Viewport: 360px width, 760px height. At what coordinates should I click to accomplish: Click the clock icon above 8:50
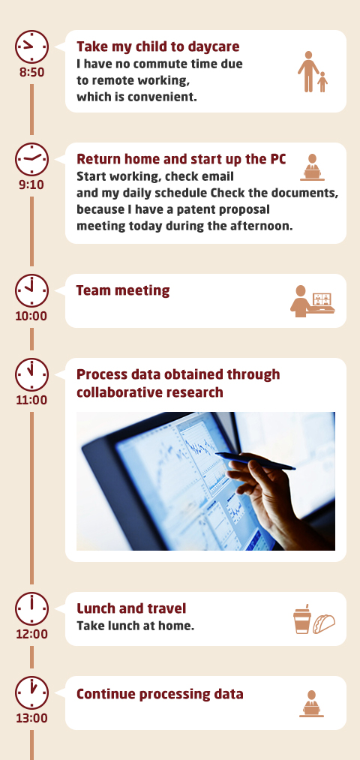(32, 47)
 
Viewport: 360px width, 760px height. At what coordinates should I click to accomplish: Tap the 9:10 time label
(31, 185)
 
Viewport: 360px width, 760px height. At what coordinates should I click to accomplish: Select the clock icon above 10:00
(32, 291)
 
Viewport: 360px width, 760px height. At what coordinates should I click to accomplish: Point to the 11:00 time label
(31, 400)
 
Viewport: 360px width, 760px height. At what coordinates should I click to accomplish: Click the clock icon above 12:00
(32, 608)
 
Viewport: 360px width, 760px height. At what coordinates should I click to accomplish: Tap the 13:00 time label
(31, 718)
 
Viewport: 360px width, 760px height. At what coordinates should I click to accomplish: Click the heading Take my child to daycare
(158, 47)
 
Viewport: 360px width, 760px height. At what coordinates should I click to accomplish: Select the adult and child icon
(313, 72)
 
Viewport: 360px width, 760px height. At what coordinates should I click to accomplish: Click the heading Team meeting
(123, 290)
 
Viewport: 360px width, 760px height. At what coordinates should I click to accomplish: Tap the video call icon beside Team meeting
(313, 301)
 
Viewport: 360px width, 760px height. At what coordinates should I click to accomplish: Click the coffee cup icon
(301, 619)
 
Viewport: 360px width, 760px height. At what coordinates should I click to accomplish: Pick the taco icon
(324, 623)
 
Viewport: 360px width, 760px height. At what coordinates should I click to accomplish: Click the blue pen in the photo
(255, 461)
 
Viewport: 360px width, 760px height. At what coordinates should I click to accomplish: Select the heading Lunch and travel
(131, 608)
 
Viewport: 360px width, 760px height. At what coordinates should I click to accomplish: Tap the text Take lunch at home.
(135, 626)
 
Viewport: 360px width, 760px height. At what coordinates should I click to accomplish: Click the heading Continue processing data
(160, 694)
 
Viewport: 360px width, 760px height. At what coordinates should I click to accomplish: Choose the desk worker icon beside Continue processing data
(311, 704)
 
